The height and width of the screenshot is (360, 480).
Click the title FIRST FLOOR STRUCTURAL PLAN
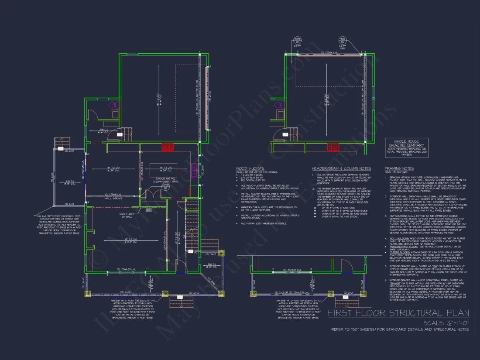click(x=398, y=313)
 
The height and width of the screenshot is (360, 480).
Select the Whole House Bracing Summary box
click(x=407, y=147)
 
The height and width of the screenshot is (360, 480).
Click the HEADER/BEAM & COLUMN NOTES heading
click(x=341, y=168)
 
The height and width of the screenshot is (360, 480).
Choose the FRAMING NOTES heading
click(x=399, y=168)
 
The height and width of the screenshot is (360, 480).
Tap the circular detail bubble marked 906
click(x=343, y=41)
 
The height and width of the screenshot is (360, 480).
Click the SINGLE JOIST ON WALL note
click(x=126, y=215)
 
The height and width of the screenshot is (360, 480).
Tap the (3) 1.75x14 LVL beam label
click(x=325, y=52)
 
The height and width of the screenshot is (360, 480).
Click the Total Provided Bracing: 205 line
click(x=407, y=151)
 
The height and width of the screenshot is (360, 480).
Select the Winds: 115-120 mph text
click(x=395, y=171)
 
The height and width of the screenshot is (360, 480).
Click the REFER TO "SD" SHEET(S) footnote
click(x=400, y=329)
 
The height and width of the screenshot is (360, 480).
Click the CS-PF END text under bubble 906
click(x=343, y=47)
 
